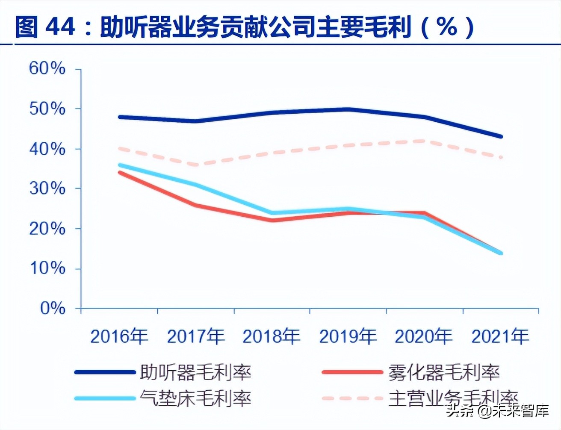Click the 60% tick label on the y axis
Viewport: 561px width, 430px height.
coord(47,68)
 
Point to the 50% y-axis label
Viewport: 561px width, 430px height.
coord(47,109)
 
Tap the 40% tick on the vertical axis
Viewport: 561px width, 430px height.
coord(47,149)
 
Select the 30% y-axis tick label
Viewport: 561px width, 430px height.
coord(47,188)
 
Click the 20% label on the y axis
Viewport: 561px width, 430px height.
coord(47,229)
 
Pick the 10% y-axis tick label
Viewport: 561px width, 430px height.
coord(47,268)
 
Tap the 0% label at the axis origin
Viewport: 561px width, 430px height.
coord(53,308)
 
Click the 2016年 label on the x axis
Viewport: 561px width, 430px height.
coord(119,336)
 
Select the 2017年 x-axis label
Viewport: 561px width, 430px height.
coord(195,336)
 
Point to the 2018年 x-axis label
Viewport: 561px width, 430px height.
coord(272,336)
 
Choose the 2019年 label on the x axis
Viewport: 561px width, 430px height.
coord(348,336)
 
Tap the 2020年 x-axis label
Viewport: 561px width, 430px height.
coord(424,336)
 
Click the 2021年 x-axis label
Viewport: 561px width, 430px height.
coord(500,336)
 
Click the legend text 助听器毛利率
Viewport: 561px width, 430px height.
coord(195,372)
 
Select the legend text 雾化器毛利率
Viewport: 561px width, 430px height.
coord(444,372)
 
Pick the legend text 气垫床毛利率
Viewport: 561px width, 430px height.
coord(195,398)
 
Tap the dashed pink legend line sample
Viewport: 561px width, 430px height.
coord(352,398)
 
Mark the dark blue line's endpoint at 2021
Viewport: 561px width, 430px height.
coord(501,137)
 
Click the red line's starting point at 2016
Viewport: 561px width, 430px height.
coord(120,173)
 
